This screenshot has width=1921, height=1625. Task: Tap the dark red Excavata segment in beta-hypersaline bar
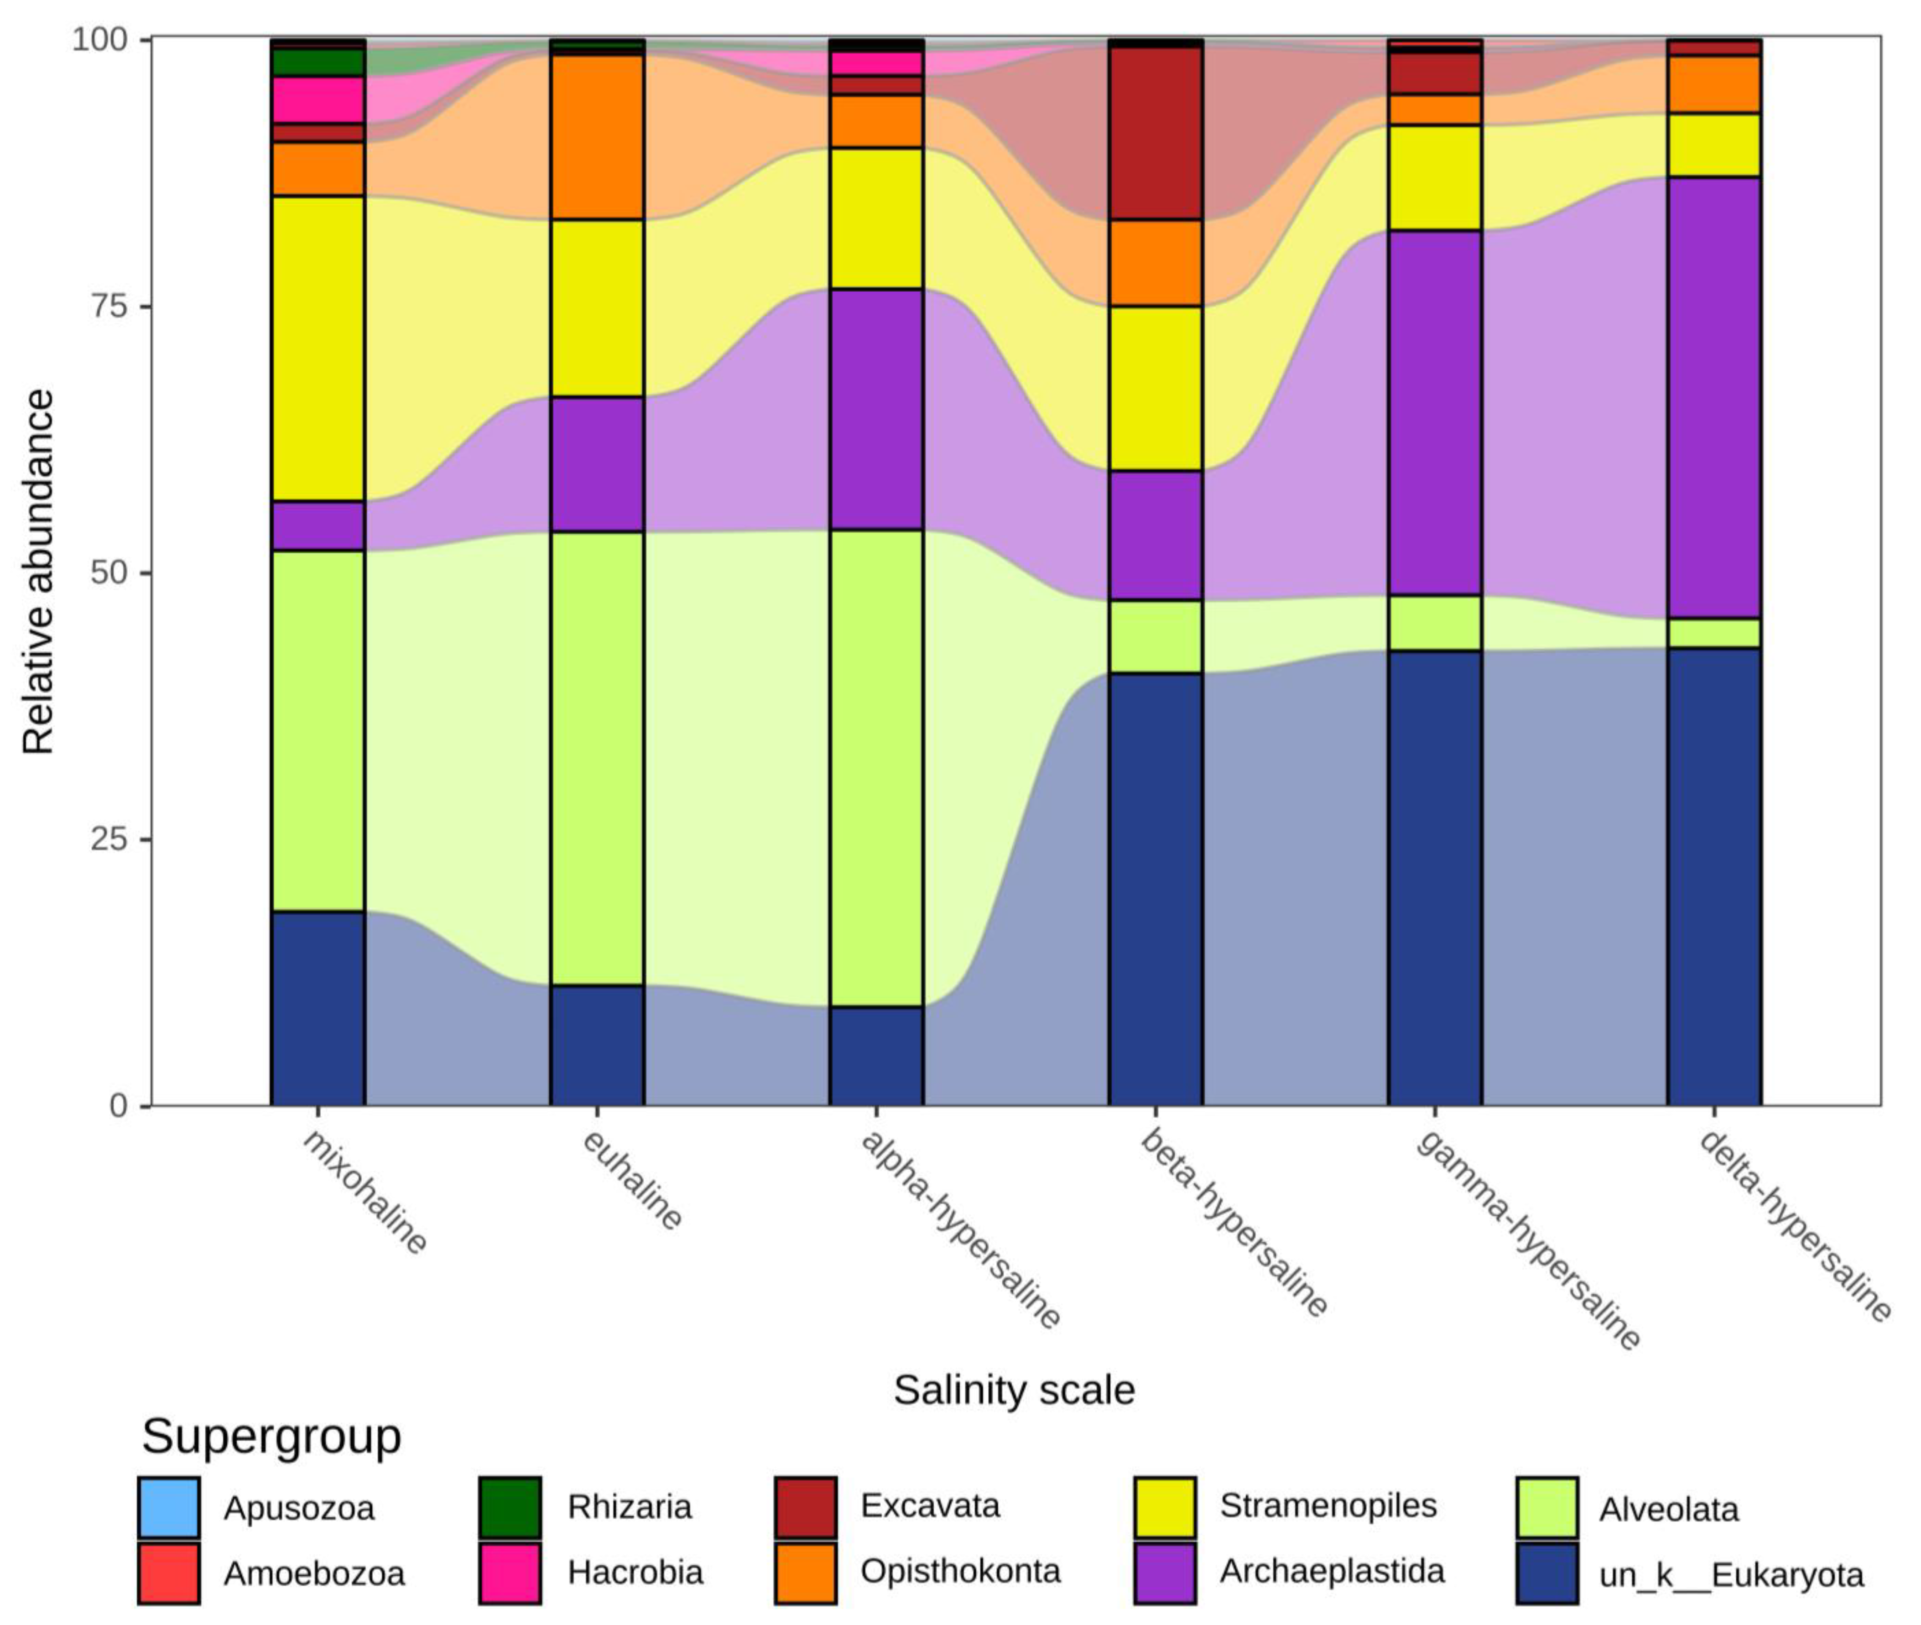pos(1156,134)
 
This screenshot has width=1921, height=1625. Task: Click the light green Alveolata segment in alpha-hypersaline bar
pos(876,767)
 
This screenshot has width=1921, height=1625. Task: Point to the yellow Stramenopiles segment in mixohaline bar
pos(318,348)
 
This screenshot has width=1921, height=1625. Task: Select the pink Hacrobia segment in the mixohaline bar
pos(318,99)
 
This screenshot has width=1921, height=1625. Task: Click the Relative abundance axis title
pos(39,571)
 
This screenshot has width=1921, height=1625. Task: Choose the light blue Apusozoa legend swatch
pos(169,1508)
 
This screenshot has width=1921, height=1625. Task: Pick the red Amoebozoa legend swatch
pos(169,1573)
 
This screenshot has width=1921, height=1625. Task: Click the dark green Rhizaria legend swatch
pos(510,1508)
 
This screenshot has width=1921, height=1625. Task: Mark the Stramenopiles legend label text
pos(1328,1505)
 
